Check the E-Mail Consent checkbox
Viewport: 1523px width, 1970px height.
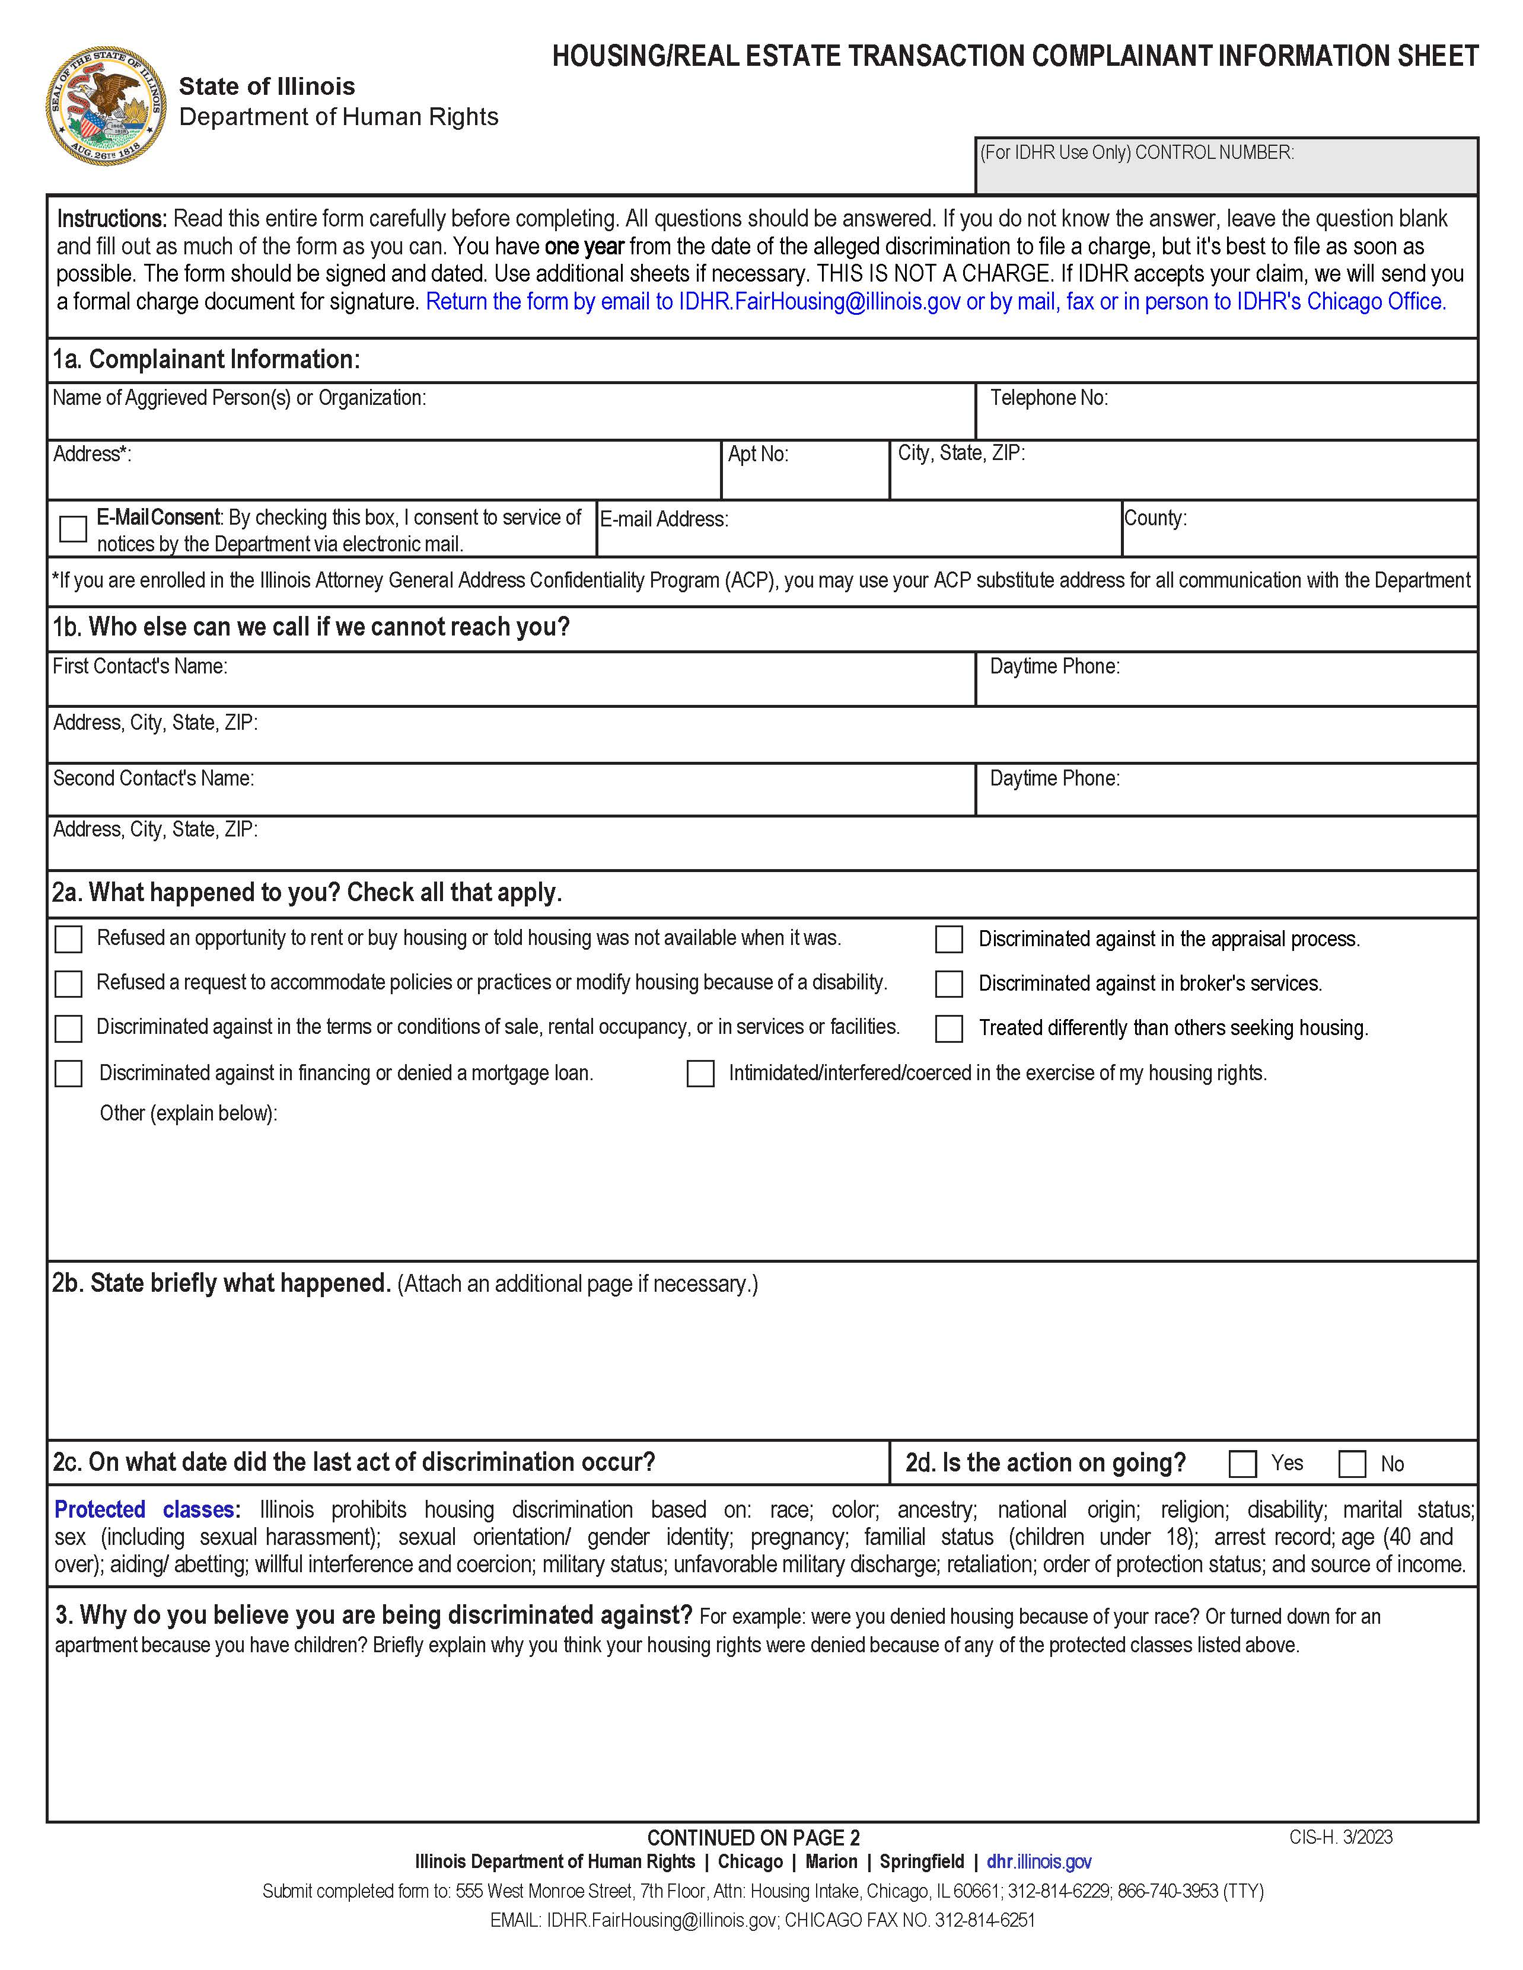[73, 529]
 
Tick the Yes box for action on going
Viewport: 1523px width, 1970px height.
[1242, 1463]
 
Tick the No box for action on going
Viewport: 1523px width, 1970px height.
[1352, 1463]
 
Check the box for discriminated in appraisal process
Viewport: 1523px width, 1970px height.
[948, 939]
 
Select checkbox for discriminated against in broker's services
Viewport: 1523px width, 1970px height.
[948, 983]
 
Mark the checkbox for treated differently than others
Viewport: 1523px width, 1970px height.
[948, 1029]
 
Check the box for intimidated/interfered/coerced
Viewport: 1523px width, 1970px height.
[700, 1074]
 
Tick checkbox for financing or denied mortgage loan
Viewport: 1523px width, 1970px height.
[69, 1074]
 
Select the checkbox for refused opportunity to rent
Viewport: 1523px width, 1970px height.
[69, 939]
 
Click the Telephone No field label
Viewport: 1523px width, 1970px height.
[1049, 398]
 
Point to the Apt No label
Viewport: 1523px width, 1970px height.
[758, 454]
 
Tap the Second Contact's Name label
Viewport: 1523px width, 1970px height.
[154, 778]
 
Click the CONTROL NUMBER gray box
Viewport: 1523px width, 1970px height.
[1226, 166]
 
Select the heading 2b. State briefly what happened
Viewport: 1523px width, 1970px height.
[222, 1283]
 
